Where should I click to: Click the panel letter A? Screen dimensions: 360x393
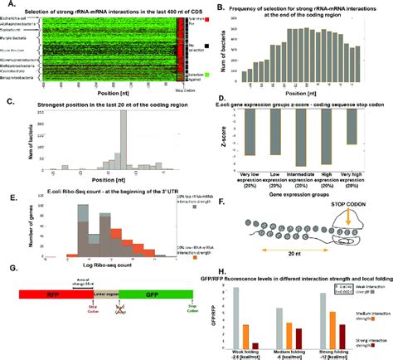[7, 5]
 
